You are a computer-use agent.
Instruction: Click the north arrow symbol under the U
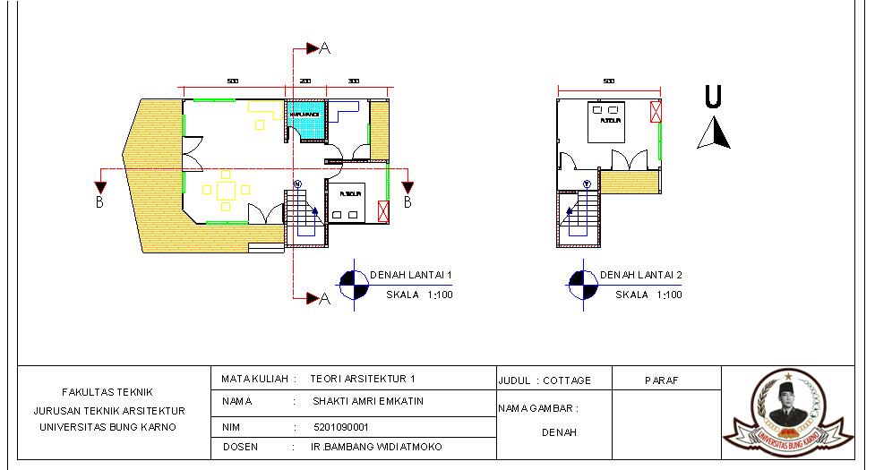point(714,133)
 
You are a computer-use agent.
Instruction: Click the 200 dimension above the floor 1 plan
point(305,81)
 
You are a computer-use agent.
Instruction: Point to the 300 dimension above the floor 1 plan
point(354,81)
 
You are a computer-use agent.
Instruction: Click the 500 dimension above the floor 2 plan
point(609,81)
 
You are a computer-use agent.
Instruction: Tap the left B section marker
point(100,189)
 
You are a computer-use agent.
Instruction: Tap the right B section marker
point(407,189)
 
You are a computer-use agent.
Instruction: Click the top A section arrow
point(313,47)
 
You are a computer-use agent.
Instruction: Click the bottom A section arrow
point(313,298)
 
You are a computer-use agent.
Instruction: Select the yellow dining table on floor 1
point(226,190)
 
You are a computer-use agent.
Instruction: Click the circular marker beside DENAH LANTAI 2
point(580,284)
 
